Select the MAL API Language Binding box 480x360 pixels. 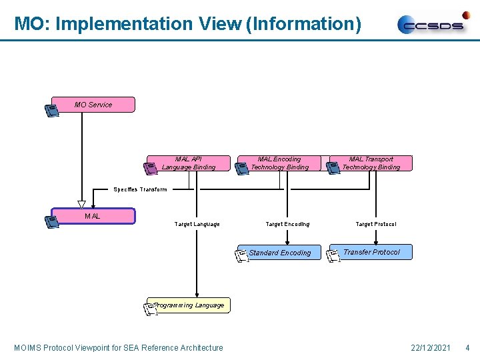coord(189,163)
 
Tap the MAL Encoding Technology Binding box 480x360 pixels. coord(280,163)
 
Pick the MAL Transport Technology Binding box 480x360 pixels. coord(371,163)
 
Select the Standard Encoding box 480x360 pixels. coord(280,253)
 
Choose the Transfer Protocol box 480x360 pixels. coord(371,252)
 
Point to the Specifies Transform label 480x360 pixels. coord(140,190)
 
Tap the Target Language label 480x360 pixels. coord(197,224)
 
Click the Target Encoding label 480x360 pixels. coord(287,224)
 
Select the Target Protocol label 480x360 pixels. coord(376,224)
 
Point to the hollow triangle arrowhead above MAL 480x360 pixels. coord(81,205)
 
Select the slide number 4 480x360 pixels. coord(467,347)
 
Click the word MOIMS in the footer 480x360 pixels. coord(28,347)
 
